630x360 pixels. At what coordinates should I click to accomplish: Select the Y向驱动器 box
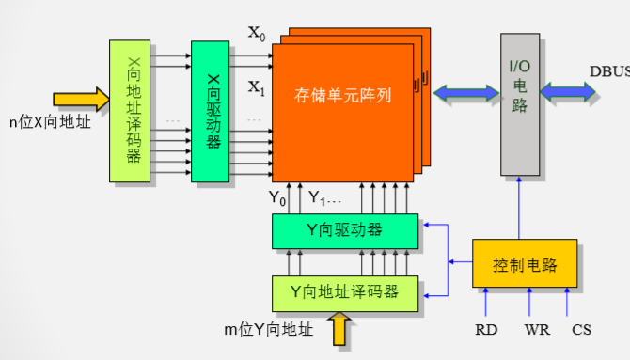[346, 230]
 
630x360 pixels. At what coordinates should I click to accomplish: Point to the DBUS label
[608, 70]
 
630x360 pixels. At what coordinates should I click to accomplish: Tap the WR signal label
[536, 329]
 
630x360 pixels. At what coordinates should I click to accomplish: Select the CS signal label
[582, 329]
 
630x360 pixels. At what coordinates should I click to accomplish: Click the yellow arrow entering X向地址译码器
[81, 98]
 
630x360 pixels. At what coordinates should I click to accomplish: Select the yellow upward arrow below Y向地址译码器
[340, 329]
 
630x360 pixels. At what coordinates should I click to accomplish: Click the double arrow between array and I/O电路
[465, 92]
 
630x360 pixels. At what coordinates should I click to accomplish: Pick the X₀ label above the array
[256, 34]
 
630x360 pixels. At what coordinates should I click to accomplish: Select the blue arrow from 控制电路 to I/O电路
[520, 207]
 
